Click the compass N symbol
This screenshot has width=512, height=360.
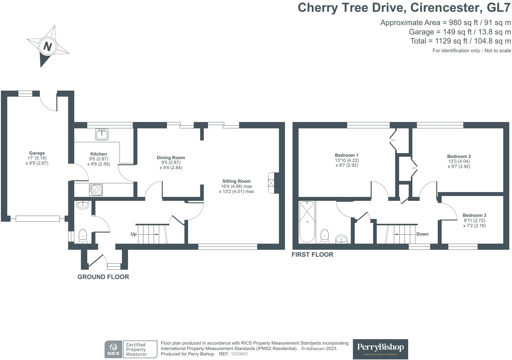tap(48, 47)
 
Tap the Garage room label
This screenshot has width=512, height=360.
tap(37, 153)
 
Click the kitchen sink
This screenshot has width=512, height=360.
tap(102, 134)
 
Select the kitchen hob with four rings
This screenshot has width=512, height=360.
tap(96, 190)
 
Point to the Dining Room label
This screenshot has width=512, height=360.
tap(171, 158)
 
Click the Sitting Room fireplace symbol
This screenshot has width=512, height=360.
tap(271, 183)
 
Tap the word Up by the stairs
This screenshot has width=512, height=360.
tap(133, 234)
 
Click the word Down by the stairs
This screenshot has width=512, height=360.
tap(422, 234)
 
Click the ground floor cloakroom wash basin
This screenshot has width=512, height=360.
tap(82, 205)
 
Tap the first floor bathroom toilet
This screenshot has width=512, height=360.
tap(325, 236)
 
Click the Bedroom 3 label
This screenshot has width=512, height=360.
tap(474, 215)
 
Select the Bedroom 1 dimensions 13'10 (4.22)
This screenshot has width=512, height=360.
tap(347, 160)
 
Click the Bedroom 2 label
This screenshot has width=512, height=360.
tap(459, 156)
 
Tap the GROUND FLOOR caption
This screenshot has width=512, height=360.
tap(103, 277)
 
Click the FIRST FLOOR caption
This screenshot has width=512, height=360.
tap(312, 255)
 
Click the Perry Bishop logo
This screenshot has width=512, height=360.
tap(380, 349)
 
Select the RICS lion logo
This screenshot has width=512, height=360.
tap(114, 349)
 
